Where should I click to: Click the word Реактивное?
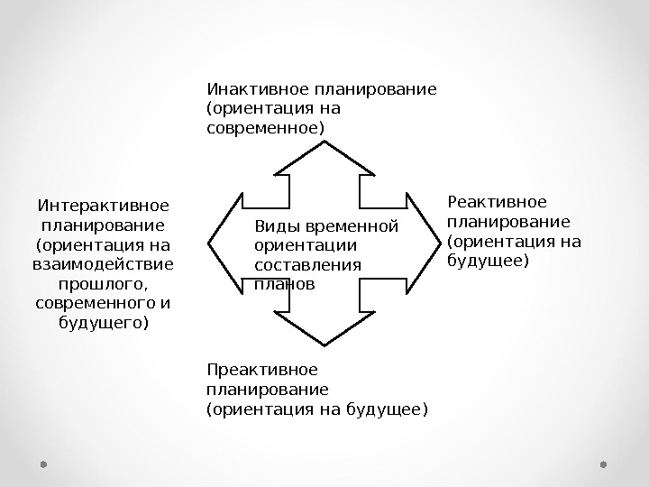[x=497, y=202]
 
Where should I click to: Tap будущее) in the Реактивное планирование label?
[x=487, y=262]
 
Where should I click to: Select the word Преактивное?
[x=262, y=370]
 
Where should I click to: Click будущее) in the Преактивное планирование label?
[x=390, y=409]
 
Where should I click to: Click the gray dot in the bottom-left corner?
[x=43, y=464]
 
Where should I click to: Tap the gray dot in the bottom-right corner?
[x=604, y=464]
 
